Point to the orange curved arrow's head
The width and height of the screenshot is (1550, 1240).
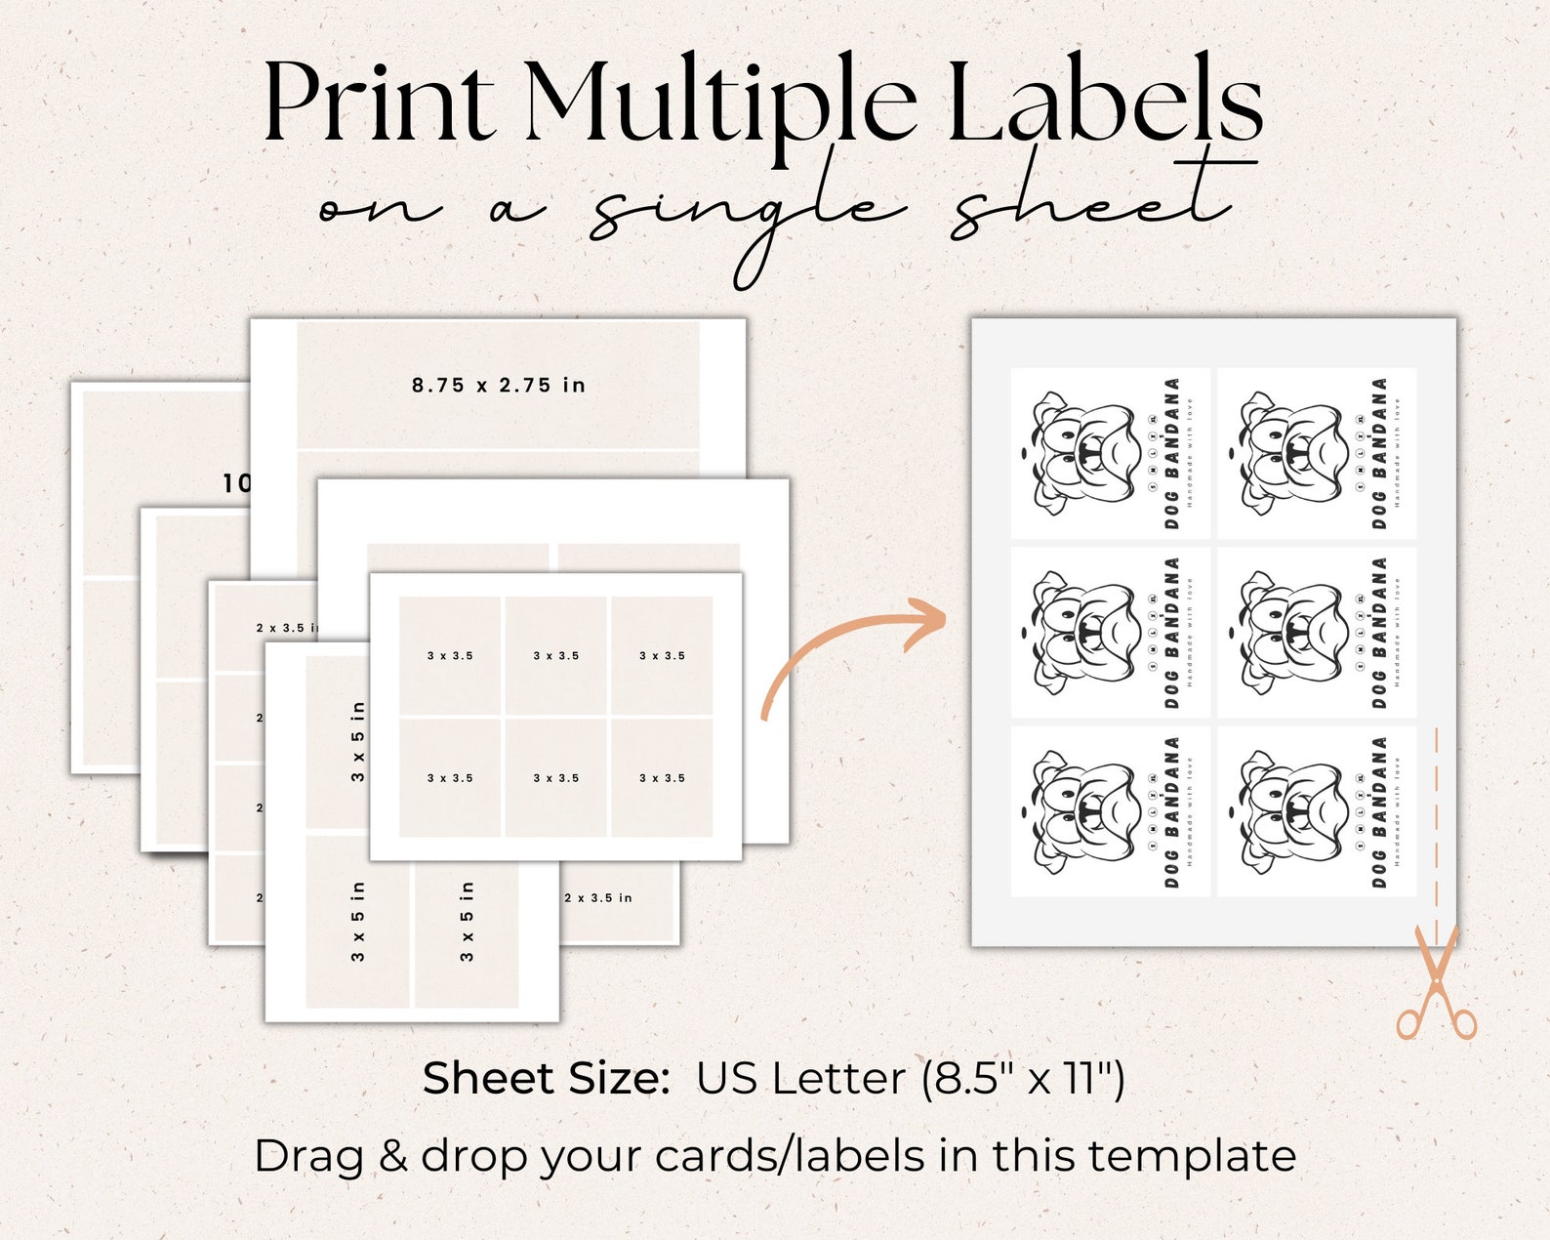click(x=927, y=621)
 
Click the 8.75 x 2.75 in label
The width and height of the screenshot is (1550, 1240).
click(x=498, y=385)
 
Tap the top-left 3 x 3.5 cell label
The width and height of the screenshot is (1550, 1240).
click(x=450, y=656)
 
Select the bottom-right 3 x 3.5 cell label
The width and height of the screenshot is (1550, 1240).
click(x=662, y=778)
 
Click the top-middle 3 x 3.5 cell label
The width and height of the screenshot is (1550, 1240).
click(x=556, y=656)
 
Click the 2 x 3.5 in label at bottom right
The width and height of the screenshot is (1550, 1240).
click(x=598, y=897)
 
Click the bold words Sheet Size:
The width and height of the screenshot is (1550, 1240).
click(x=546, y=1079)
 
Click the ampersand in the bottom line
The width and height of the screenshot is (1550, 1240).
click(x=392, y=1156)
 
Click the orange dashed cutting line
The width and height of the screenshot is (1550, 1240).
click(x=1436, y=820)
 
